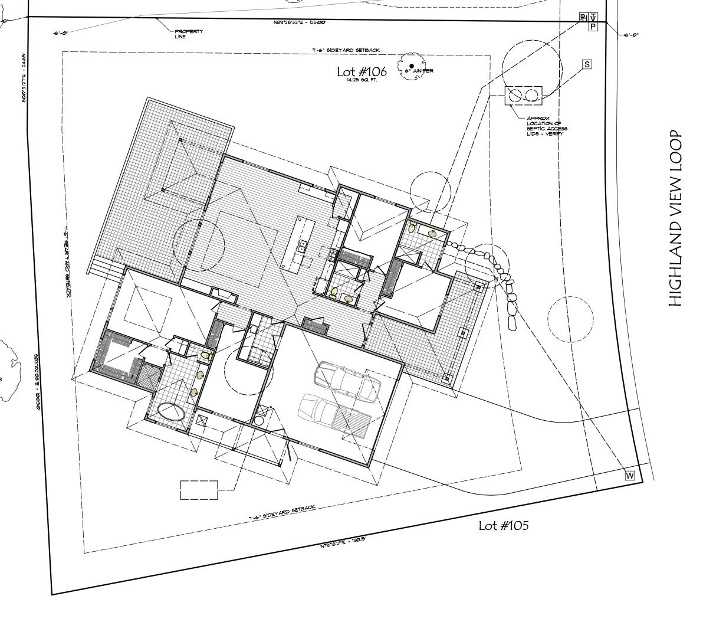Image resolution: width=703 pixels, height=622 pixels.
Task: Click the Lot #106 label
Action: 362,71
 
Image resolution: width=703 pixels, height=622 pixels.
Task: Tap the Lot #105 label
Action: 503,525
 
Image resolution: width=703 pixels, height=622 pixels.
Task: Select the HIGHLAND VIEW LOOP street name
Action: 676,218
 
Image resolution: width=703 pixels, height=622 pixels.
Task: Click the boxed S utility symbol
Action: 587,64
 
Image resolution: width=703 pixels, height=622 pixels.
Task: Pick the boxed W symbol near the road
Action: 629,476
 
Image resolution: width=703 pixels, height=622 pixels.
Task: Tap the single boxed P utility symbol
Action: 593,26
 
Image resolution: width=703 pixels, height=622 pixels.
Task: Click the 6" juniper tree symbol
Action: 411,66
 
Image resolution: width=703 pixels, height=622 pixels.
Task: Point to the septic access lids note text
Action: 547,126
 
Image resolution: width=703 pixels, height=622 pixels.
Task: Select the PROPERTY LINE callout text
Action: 188,34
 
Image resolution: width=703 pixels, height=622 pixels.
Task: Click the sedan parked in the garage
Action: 348,381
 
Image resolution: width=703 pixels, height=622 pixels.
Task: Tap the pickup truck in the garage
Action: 333,416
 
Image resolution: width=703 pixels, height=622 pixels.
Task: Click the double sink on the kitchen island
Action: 303,246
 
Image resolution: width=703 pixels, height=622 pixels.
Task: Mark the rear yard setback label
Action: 68,260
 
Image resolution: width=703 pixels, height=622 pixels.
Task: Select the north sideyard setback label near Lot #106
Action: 340,51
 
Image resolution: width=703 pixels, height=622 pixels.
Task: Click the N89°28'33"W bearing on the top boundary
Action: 300,22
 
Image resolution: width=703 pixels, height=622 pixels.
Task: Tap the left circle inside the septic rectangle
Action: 515,95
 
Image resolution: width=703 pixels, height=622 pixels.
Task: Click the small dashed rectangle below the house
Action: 199,490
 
